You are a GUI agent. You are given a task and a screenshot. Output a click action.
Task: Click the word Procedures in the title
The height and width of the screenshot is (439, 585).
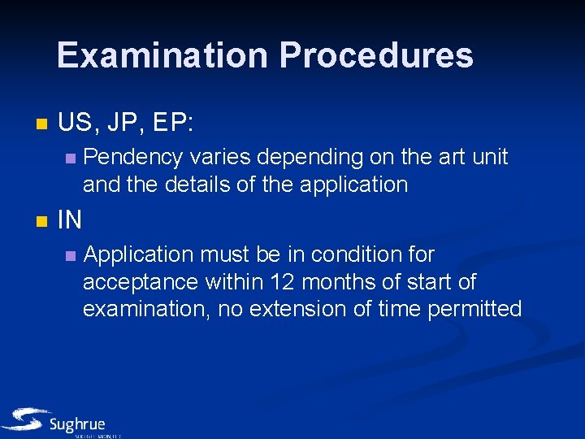(376, 55)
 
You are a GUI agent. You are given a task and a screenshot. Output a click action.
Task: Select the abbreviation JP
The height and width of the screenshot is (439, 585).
(122, 124)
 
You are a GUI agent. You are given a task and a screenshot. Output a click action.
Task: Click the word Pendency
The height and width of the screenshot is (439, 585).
(133, 156)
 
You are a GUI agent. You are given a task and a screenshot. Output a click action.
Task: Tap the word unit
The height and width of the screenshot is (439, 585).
(489, 156)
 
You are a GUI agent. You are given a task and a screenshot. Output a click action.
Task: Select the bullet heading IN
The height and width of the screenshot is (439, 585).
(70, 220)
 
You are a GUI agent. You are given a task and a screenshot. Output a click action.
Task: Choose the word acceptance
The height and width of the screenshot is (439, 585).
(141, 282)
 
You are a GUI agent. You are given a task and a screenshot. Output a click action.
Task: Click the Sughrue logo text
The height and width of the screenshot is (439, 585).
(77, 424)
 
